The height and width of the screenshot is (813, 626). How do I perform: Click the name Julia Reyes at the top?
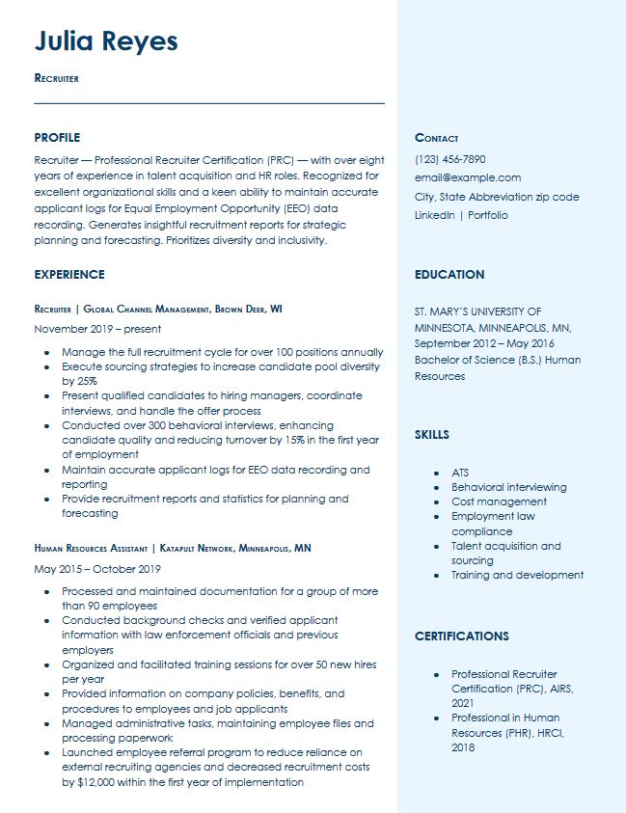pos(106,41)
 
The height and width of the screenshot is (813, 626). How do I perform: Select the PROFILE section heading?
pos(57,138)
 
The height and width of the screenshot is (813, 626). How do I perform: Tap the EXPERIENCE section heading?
pos(69,275)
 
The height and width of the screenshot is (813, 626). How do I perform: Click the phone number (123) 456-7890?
pos(449,159)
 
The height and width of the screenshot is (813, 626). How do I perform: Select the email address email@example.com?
pos(467,177)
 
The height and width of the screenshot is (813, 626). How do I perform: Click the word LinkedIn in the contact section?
pos(434,215)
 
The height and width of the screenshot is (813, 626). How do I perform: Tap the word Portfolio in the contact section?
pos(488,215)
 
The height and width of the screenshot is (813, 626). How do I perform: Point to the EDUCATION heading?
pos(449,275)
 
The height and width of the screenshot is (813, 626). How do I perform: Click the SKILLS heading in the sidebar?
pos(432,435)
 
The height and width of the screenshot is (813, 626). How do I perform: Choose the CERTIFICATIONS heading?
pos(462,637)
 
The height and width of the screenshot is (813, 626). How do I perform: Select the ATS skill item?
pos(460,473)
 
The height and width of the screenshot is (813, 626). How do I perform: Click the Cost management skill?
pos(499,501)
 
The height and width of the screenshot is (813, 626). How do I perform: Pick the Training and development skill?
pos(517,575)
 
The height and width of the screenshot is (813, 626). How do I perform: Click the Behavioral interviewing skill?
pos(508,487)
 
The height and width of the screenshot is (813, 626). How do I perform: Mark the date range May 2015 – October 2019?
pos(97,569)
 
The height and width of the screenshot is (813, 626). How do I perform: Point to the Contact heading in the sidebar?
pos(436,138)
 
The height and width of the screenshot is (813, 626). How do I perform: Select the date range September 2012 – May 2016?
pos(484,343)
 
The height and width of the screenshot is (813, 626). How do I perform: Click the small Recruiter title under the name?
pos(56,78)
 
